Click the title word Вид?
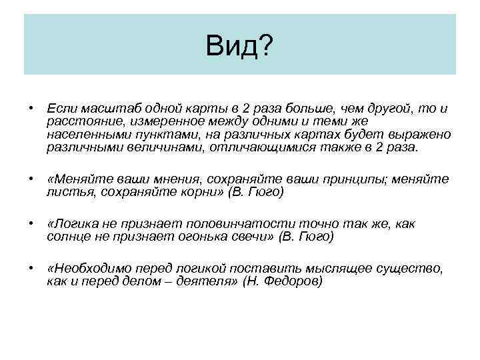[239, 47]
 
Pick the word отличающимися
[261, 148]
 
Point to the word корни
[197, 193]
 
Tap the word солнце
[68, 237]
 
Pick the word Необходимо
[88, 268]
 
